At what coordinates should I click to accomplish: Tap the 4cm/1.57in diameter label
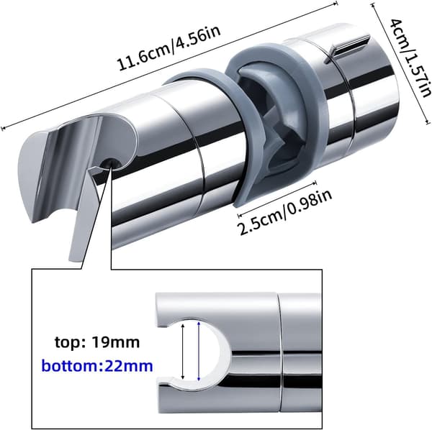(411, 58)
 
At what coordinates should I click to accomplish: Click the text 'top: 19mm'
(97, 342)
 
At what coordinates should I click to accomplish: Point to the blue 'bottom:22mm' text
(97, 366)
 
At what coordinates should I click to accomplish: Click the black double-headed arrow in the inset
(183, 352)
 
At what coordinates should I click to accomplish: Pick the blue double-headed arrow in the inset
(199, 352)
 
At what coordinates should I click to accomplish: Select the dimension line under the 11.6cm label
(169, 66)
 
